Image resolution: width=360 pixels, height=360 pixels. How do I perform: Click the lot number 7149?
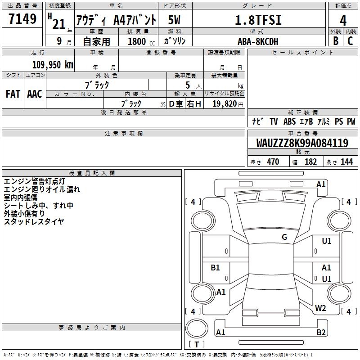pyautogui.click(x=22, y=19)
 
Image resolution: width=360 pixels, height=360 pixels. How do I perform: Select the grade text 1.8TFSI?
pyautogui.click(x=258, y=20)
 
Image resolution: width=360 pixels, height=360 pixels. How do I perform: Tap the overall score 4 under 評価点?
pyautogui.click(x=343, y=21)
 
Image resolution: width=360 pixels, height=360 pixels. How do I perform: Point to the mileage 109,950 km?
pyautogui.click(x=53, y=65)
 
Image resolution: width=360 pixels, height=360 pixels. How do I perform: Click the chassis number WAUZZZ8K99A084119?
pyautogui.click(x=302, y=143)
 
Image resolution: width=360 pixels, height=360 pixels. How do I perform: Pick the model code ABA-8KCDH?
pyautogui.click(x=258, y=41)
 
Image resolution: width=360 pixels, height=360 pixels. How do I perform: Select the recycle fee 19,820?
pyautogui.click(x=225, y=104)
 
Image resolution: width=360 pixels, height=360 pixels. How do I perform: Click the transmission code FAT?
pyautogui.click(x=13, y=94)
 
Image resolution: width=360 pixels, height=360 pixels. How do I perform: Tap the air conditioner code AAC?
pyautogui.click(x=35, y=94)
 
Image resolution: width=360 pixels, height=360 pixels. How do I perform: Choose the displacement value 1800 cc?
pyautogui.click(x=141, y=41)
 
